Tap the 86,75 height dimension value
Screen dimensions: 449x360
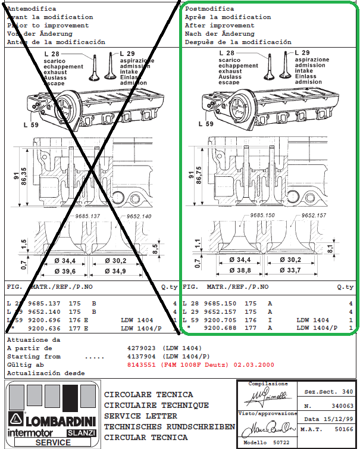[197, 176]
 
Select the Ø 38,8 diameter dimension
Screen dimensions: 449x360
[236, 270]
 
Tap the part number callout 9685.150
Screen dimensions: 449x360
[262, 215]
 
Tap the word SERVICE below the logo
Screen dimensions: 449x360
[52, 442]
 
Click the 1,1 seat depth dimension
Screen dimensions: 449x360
[197, 243]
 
